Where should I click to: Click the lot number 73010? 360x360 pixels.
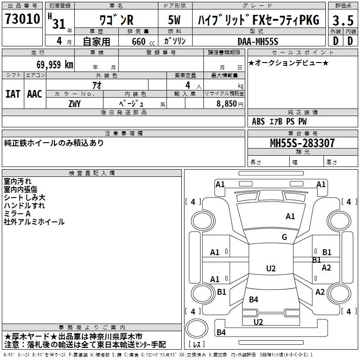(x=22, y=19)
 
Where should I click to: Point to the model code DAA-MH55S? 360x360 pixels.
(x=258, y=41)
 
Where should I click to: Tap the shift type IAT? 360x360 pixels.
(x=13, y=94)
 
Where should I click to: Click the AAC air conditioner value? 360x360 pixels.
(x=35, y=94)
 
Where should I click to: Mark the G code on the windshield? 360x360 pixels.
(x=284, y=237)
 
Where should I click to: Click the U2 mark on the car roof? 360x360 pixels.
(x=270, y=269)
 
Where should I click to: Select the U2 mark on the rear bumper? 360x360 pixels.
(x=258, y=322)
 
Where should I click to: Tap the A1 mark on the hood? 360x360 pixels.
(x=290, y=216)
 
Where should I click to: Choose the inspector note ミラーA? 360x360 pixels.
(x=17, y=214)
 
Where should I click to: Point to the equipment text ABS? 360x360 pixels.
(x=258, y=121)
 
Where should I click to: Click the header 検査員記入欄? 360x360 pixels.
(x=92, y=173)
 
